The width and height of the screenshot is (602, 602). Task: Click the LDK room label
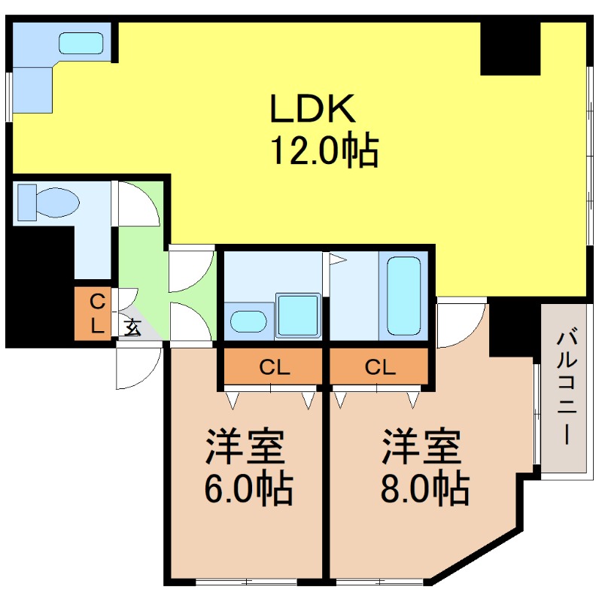coord(312,111)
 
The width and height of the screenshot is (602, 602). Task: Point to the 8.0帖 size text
coord(424,490)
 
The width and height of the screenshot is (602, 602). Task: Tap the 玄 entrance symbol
coord(132,327)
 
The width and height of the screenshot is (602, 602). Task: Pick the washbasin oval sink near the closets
coord(248,322)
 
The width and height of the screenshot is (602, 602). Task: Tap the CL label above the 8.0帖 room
coord(379,368)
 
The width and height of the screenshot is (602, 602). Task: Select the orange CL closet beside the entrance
coord(96,314)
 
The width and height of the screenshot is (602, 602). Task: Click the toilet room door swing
coord(138,203)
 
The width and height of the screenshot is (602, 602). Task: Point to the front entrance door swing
coord(138,366)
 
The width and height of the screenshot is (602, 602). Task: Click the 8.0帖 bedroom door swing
coord(461,324)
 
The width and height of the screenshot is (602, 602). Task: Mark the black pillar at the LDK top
coord(510,47)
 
